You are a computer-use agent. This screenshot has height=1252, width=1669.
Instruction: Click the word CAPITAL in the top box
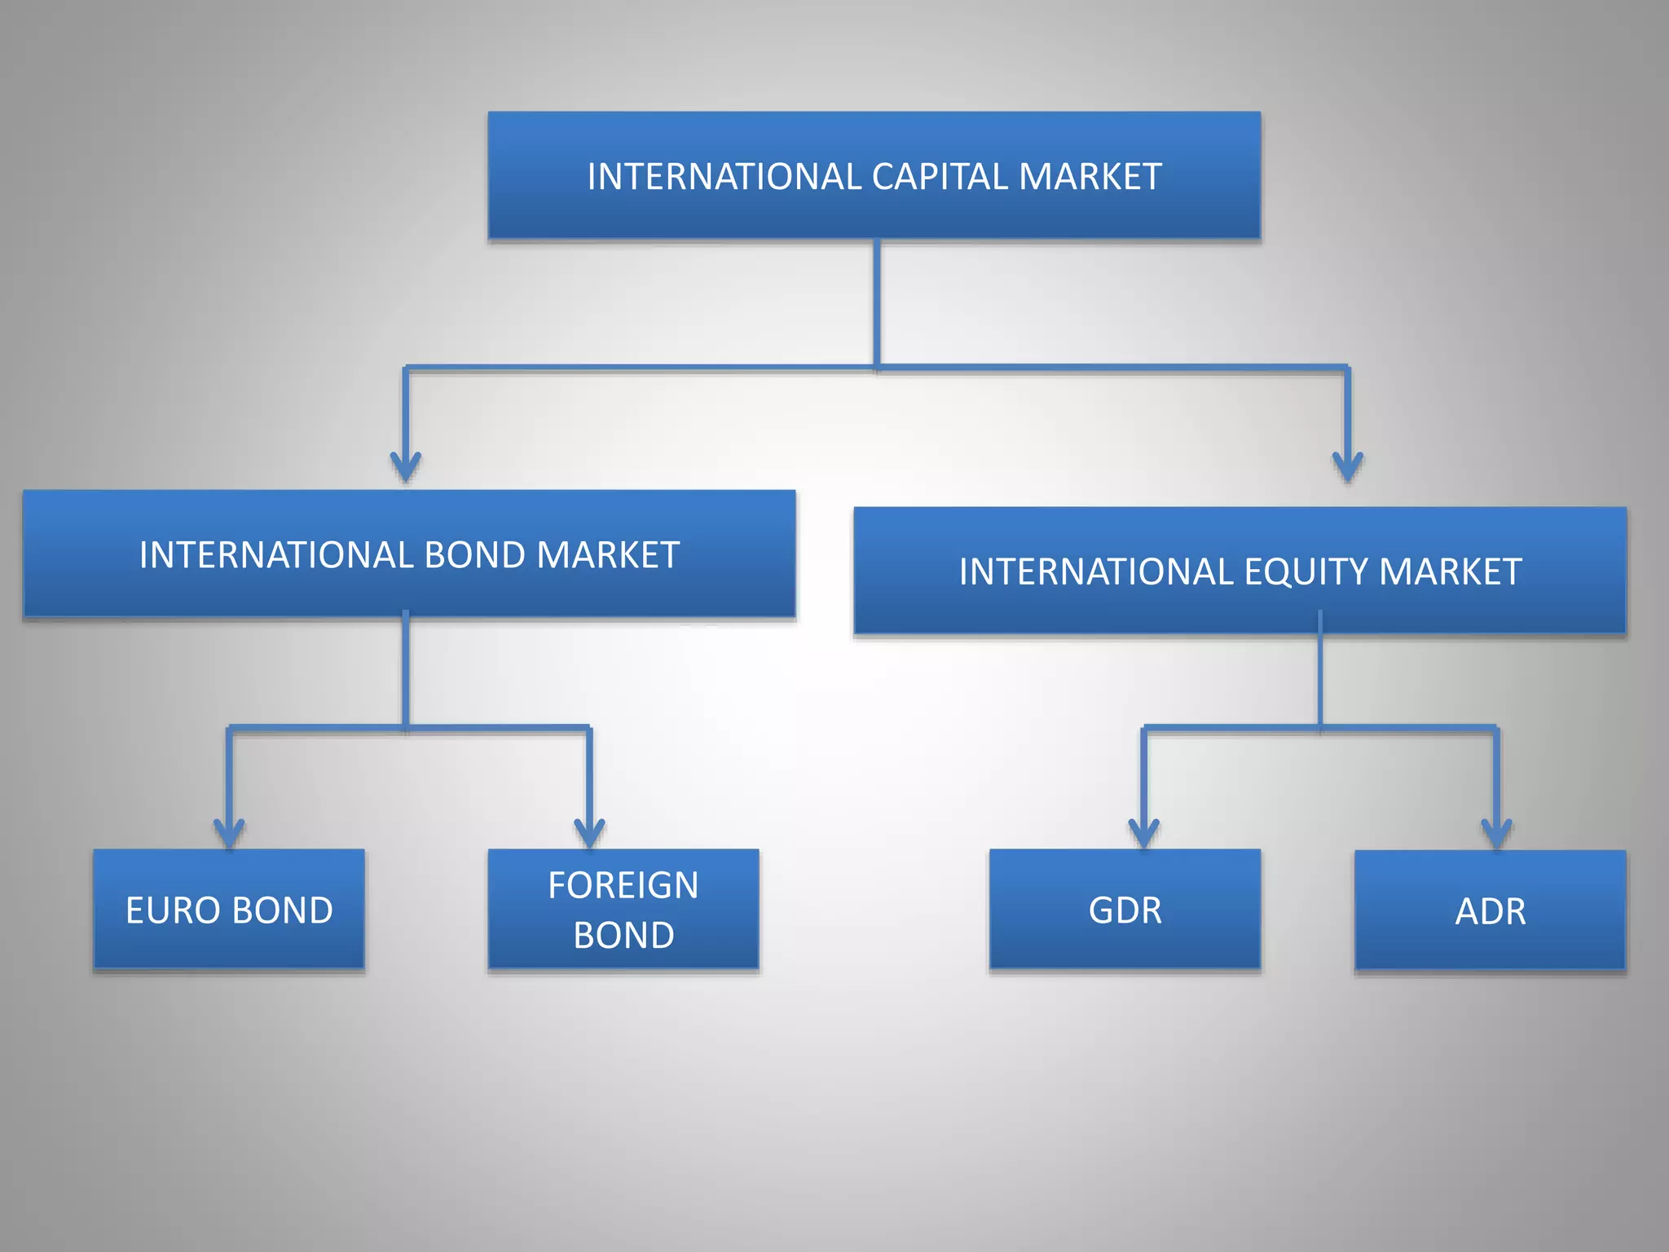pos(939,177)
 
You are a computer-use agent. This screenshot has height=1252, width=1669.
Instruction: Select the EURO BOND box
pos(229,909)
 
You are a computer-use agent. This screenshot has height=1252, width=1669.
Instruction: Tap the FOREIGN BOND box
pos(623,909)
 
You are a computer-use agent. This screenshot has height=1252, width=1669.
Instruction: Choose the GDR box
pos(1125,909)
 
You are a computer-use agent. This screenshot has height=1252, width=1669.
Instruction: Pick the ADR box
pos(1491,910)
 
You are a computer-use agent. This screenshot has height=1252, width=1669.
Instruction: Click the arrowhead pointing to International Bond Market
pos(406,467)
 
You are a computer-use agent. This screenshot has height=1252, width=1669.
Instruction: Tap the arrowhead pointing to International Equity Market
pos(1348,467)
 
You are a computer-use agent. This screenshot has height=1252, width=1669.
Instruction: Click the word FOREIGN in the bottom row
pos(623,885)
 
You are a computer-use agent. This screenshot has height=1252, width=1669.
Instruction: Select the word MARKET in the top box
pos(1090,177)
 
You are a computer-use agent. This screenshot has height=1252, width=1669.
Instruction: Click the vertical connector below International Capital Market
pos(877,303)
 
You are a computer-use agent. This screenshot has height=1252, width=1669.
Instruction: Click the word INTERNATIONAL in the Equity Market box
pos(1096,571)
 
